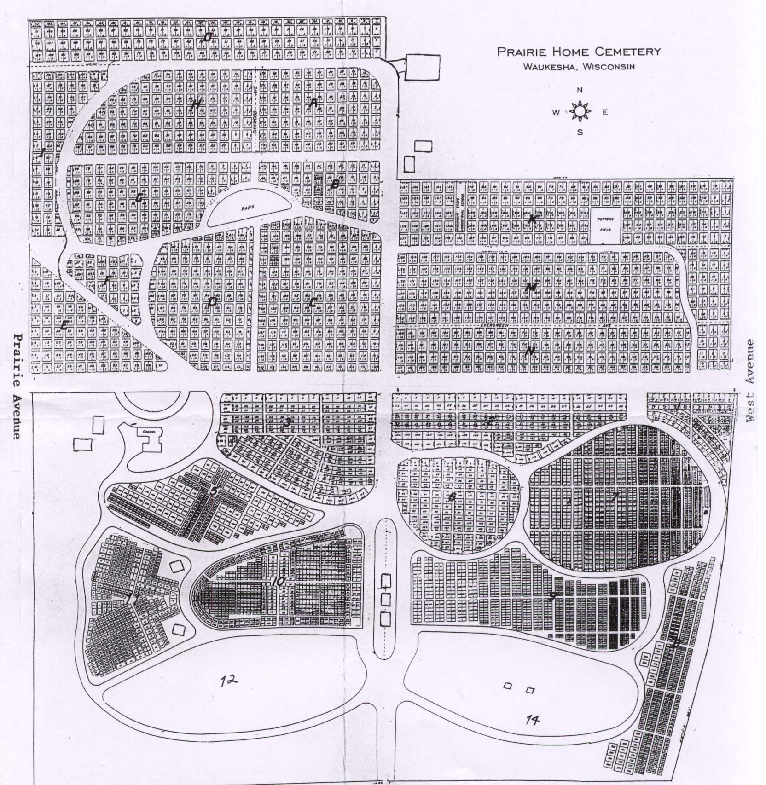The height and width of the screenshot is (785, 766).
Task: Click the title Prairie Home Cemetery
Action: (x=579, y=52)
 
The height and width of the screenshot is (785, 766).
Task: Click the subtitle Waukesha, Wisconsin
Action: (x=579, y=66)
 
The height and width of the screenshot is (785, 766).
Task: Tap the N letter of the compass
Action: (x=580, y=90)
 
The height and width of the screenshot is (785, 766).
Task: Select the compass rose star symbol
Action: (x=580, y=111)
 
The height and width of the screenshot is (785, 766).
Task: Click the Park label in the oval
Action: (x=249, y=208)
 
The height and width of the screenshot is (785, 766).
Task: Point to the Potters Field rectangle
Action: (x=604, y=226)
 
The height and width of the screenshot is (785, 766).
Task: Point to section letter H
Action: (x=195, y=105)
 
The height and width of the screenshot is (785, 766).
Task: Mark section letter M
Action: (x=531, y=288)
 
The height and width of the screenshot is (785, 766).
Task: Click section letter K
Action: (x=532, y=219)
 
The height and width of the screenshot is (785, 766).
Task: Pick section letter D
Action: (x=212, y=301)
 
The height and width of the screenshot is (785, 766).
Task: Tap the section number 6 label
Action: (x=452, y=497)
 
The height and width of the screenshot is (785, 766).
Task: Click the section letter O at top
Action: (x=208, y=38)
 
